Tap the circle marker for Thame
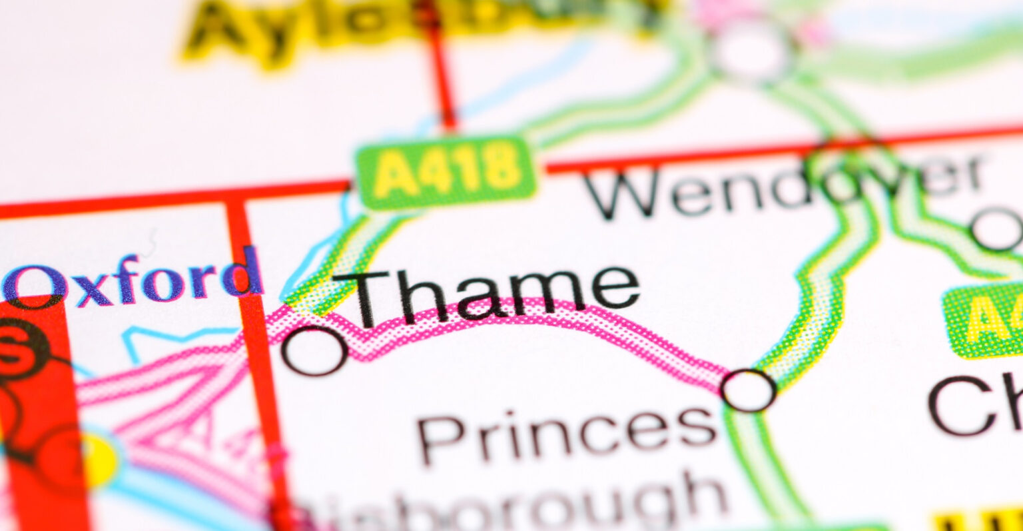click(x=314, y=351)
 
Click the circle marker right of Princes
click(x=748, y=390)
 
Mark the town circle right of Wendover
click(x=997, y=229)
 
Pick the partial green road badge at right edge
click(x=986, y=320)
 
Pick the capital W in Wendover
click(x=623, y=193)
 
